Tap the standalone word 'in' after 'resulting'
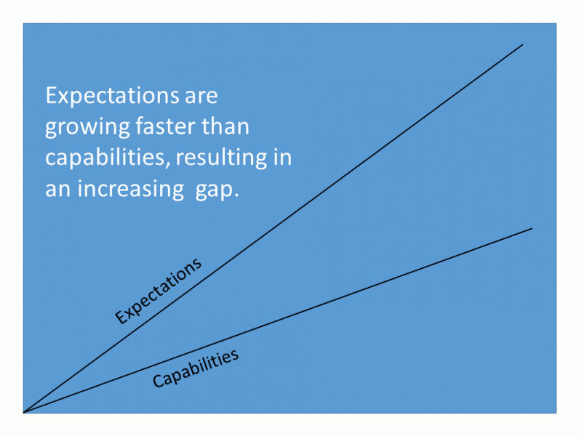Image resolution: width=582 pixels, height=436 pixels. click(282, 158)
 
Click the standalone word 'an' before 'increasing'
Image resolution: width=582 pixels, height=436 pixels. click(57, 190)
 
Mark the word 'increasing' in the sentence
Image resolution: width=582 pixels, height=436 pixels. click(129, 190)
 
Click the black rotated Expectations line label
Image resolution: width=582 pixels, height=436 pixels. click(158, 291)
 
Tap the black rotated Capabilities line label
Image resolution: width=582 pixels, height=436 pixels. click(196, 368)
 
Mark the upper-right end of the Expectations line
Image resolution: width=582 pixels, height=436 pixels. click(522, 44)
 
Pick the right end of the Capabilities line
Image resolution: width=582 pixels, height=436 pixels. click(532, 228)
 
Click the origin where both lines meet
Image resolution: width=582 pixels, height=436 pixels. click(24, 412)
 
